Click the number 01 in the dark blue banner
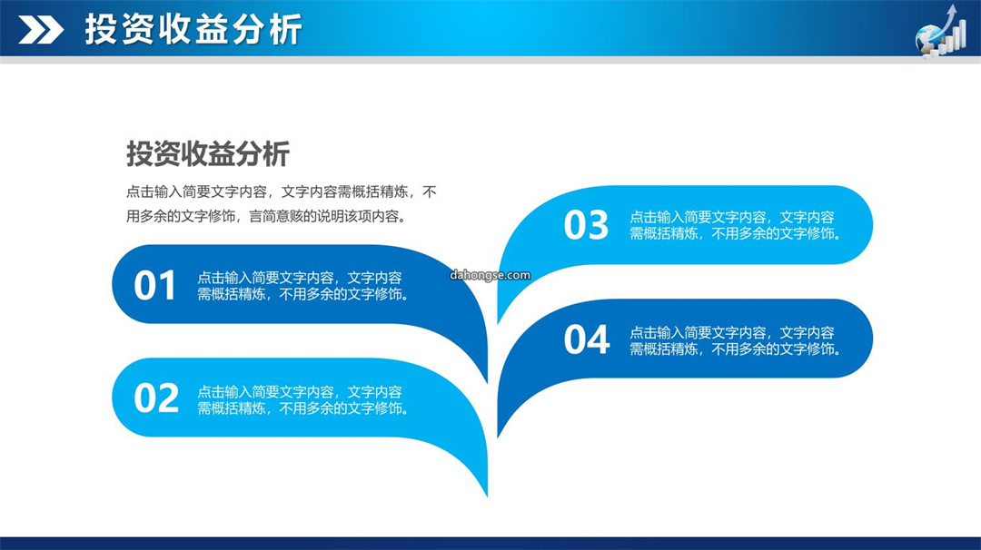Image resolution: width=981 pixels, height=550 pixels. click(154, 286)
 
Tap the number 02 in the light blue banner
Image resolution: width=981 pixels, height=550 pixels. click(156, 398)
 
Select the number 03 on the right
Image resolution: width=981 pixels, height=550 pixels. click(586, 225)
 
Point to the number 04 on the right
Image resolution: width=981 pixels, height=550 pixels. click(586, 339)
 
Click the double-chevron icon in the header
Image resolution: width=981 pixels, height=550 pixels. click(41, 29)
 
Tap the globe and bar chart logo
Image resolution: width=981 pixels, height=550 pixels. click(941, 31)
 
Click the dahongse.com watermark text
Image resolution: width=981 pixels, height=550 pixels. click(490, 275)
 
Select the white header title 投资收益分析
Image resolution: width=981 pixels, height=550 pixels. click(193, 29)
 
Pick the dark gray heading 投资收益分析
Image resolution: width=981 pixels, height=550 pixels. click(208, 153)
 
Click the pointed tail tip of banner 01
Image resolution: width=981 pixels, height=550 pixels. click(487, 382)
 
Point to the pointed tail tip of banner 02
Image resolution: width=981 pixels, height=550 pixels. click(487, 496)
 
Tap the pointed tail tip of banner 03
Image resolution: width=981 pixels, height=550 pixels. click(498, 323)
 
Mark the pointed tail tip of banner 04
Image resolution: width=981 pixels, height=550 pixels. click(498, 437)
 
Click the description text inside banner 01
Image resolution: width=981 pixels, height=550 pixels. click(303, 286)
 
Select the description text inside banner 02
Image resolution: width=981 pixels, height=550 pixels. click(303, 400)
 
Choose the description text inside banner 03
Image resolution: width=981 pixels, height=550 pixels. click(736, 225)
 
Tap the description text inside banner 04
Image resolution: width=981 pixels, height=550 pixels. click(736, 340)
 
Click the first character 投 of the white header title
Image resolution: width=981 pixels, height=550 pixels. click(101, 29)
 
